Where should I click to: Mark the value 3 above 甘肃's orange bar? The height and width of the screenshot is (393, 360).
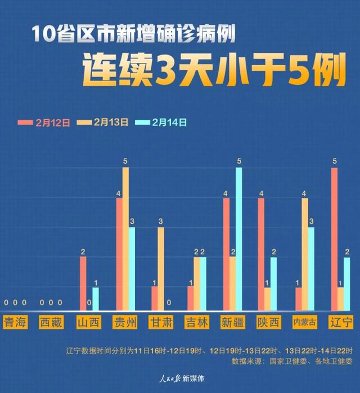point(161,222)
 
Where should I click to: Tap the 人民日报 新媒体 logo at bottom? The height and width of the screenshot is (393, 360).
point(179,378)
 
